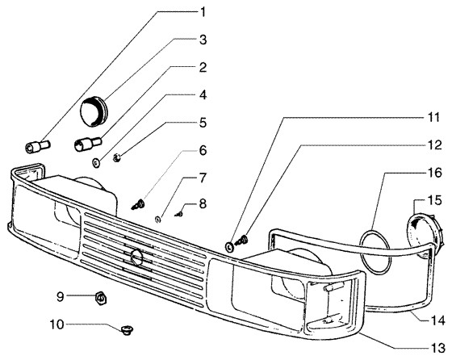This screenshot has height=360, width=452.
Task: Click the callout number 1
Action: point(203,12)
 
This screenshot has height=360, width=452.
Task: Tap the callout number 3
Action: point(203,40)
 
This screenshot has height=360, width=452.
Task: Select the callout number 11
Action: point(433,118)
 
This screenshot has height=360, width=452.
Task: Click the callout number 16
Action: point(435,173)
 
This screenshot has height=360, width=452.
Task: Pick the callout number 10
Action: point(57,324)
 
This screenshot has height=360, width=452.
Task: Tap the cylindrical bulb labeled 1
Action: point(38,146)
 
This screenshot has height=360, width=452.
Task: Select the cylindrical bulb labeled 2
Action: point(88,143)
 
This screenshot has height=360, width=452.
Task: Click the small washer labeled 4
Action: point(96,162)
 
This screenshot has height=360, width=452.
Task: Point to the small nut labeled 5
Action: point(117,157)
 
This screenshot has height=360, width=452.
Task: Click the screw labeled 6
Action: point(138,204)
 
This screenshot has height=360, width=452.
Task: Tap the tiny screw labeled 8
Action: point(179,214)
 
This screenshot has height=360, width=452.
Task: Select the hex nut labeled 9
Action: point(101,297)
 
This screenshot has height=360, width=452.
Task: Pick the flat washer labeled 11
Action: point(230,247)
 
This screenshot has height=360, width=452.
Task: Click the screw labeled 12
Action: point(241,240)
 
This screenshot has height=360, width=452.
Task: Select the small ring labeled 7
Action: point(158,219)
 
